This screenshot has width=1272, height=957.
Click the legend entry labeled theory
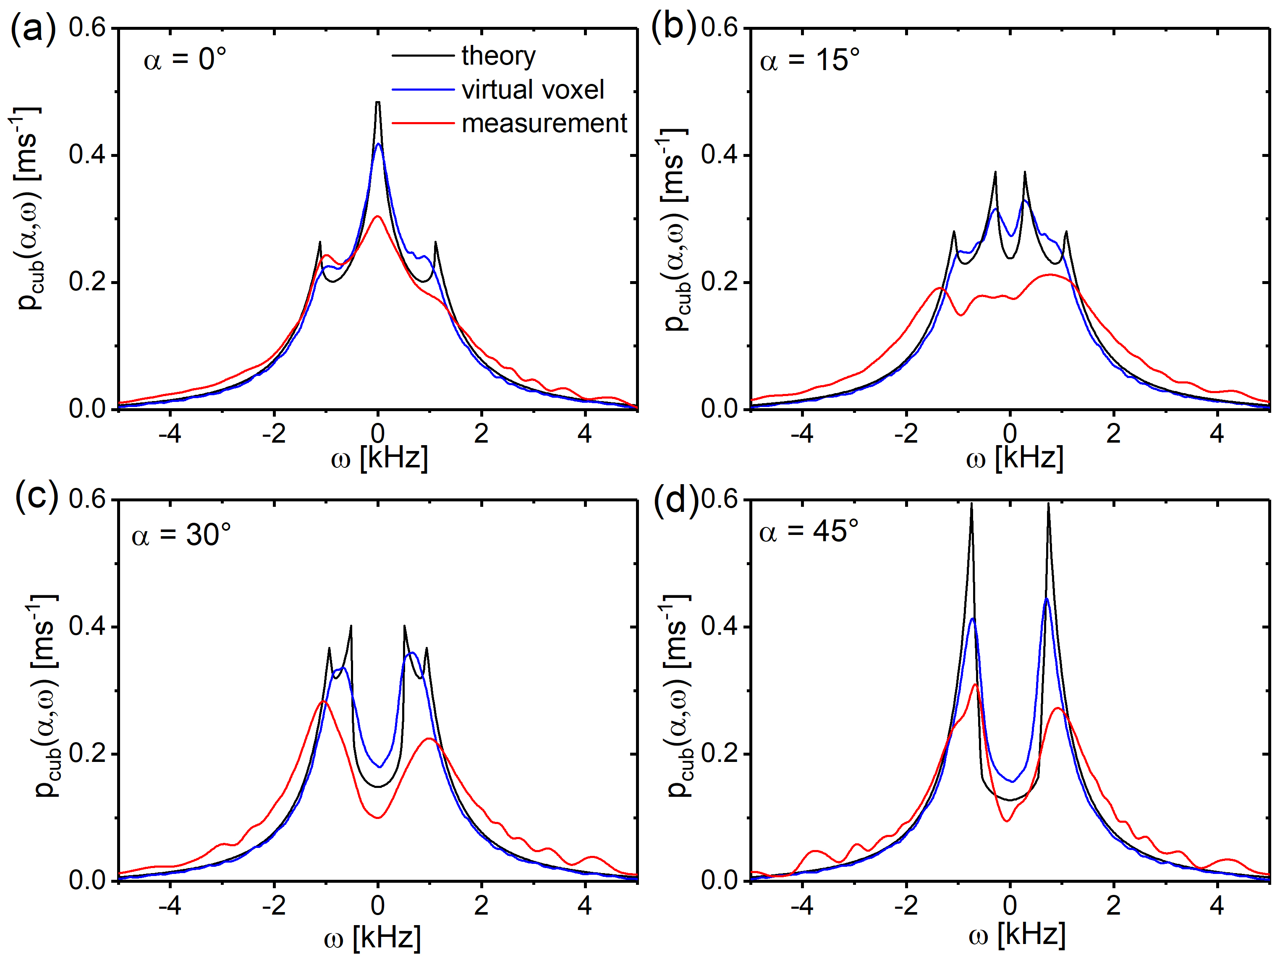(x=498, y=56)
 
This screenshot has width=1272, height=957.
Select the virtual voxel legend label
(x=532, y=90)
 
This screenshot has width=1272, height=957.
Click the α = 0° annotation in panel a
(x=185, y=59)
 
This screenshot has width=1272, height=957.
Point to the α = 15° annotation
(x=810, y=60)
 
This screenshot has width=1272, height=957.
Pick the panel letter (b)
(x=673, y=28)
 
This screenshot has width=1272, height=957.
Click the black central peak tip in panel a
(x=378, y=102)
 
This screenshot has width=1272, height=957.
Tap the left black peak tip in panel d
(x=971, y=504)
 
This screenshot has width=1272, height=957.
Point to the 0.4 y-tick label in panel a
(x=87, y=155)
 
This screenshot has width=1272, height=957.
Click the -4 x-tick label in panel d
(x=802, y=906)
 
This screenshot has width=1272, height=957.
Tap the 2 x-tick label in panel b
(x=1113, y=433)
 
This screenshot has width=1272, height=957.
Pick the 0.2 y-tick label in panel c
(x=87, y=754)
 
